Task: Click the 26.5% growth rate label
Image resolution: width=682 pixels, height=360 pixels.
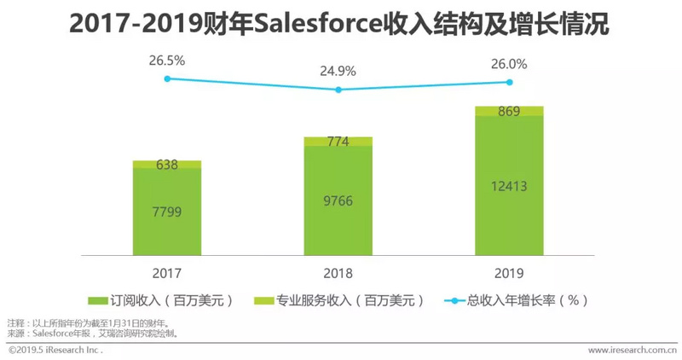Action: point(167,61)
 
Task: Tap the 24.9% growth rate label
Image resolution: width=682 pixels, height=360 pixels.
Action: point(338,71)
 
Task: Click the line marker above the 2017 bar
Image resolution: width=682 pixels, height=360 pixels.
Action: point(167,78)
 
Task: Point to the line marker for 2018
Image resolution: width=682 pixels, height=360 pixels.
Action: point(338,89)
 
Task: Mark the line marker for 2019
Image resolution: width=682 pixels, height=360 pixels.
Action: point(509,82)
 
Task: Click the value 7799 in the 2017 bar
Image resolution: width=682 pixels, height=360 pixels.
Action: point(166,211)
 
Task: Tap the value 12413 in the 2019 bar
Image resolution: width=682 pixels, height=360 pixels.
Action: point(509,185)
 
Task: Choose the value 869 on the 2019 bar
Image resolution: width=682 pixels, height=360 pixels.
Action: point(509,112)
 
